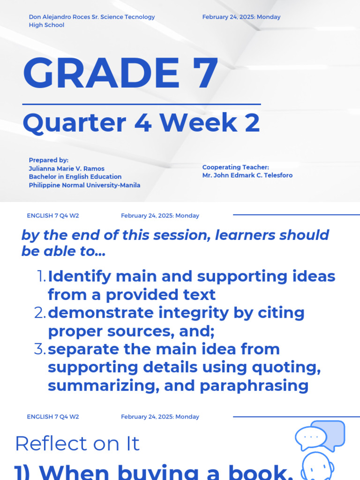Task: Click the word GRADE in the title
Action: point(98,74)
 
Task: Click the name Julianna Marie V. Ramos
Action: point(67,168)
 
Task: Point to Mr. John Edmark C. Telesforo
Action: point(247,175)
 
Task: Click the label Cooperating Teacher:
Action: point(235,167)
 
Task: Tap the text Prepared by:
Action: point(48,160)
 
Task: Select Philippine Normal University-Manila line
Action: point(84,185)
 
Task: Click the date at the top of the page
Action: point(241,17)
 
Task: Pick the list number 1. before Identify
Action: point(41,277)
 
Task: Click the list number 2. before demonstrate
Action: point(40,313)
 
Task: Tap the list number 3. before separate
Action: point(40,349)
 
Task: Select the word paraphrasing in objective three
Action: point(254,386)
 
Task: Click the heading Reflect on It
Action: point(77,443)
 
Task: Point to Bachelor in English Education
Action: point(75,177)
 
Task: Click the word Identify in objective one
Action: point(79,277)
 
